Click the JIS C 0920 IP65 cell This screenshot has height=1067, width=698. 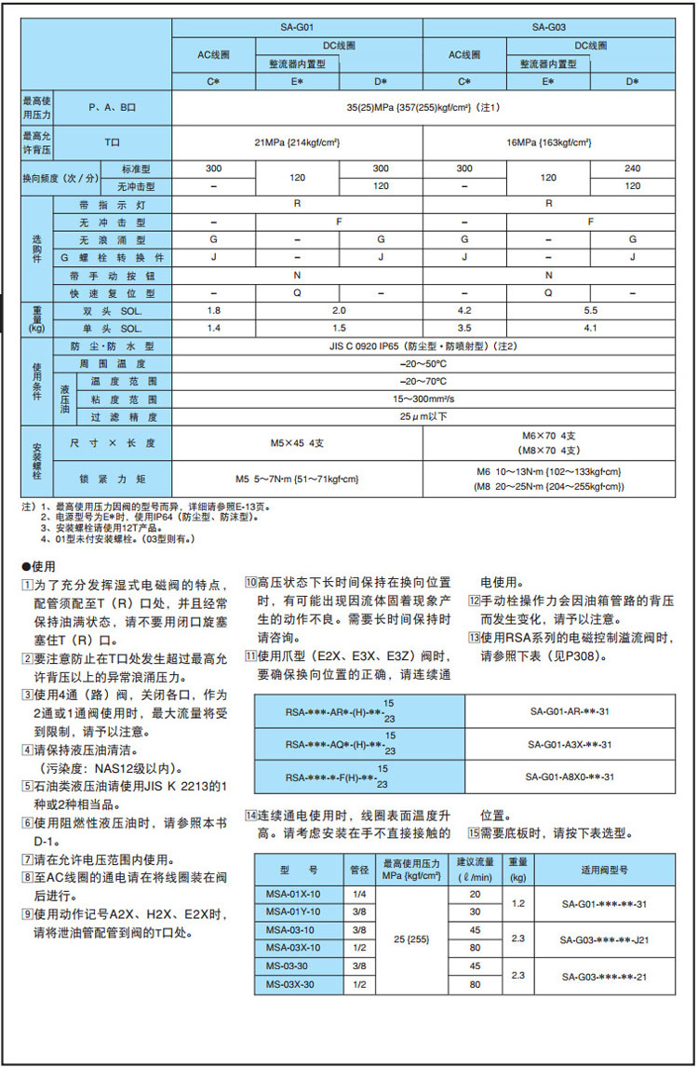pos(423,345)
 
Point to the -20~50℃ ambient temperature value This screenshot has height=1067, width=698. pos(423,363)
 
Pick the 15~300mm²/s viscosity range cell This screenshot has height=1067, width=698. pos(423,399)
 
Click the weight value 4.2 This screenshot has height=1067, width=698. pos(464,310)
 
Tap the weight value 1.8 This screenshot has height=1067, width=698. pos(214,310)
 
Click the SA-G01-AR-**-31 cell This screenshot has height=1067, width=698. pos(570,710)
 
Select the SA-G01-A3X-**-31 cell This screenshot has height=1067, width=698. pos(570,744)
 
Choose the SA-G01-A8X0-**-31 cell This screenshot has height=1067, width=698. pos(570,777)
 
